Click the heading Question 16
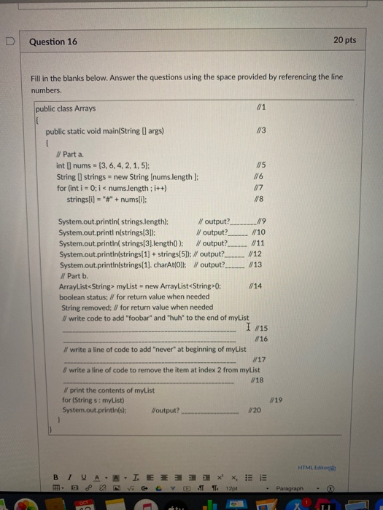tap(53, 42)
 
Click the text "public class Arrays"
tap(64, 109)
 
